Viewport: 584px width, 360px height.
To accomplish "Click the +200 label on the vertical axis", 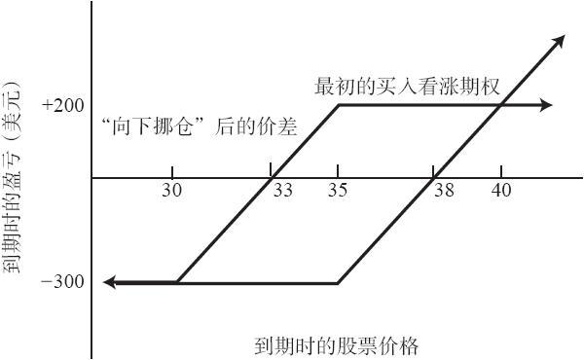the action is (x=63, y=106).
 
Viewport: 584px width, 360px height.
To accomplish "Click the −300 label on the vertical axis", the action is (x=63, y=282).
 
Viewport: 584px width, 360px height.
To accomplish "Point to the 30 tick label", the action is (x=171, y=191).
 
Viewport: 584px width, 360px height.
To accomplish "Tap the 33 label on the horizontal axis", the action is (x=283, y=191).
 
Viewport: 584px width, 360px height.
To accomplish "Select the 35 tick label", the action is (x=338, y=191).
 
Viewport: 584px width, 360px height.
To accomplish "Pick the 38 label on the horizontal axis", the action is (x=445, y=191).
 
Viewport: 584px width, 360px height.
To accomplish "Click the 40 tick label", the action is (x=501, y=191).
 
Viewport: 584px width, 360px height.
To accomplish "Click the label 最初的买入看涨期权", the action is (x=407, y=87).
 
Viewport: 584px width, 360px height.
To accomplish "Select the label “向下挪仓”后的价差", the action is (x=200, y=126).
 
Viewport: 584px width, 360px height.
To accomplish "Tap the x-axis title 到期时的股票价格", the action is (x=337, y=345).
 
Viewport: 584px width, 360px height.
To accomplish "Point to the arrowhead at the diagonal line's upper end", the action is (x=558, y=41).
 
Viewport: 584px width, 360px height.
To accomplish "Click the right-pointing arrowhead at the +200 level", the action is (x=546, y=105).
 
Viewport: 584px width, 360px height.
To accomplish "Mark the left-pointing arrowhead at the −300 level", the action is (x=110, y=282).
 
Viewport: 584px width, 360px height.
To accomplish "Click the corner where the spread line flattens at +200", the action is (x=339, y=105).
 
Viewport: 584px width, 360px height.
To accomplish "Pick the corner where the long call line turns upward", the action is (x=338, y=283).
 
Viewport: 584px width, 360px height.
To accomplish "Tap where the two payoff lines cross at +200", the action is (x=500, y=105).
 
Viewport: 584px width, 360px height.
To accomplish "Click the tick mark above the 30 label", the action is (x=172, y=172).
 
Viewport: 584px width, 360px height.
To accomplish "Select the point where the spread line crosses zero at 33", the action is (x=272, y=178).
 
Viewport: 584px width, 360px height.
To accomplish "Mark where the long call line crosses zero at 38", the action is (x=434, y=178).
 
